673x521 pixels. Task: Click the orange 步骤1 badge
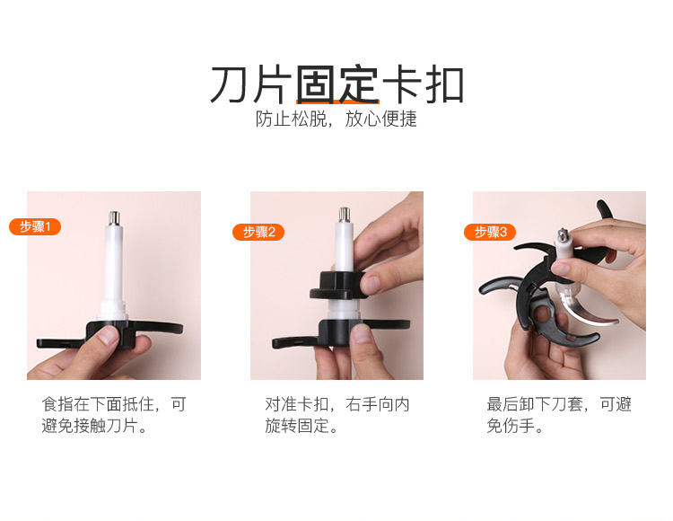point(35,226)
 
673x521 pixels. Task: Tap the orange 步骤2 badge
point(258,232)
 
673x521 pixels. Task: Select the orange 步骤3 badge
point(490,232)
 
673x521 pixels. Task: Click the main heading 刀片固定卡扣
point(336,84)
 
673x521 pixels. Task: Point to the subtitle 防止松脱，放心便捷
point(336,119)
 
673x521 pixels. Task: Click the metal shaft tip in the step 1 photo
point(113,217)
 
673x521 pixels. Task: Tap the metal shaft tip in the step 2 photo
point(345,215)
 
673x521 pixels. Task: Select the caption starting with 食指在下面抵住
point(114,415)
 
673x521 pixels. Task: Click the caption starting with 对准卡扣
point(336,415)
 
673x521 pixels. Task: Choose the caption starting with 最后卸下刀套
point(559,415)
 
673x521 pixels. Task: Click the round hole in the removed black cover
point(542,314)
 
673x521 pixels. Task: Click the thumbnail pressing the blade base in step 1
point(108,336)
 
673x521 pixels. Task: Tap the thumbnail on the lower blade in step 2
point(362,333)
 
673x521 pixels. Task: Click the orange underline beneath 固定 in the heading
point(337,102)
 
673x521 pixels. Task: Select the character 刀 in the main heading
point(229,84)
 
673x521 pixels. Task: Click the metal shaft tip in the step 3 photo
point(564,235)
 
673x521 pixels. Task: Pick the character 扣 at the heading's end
point(445,84)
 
